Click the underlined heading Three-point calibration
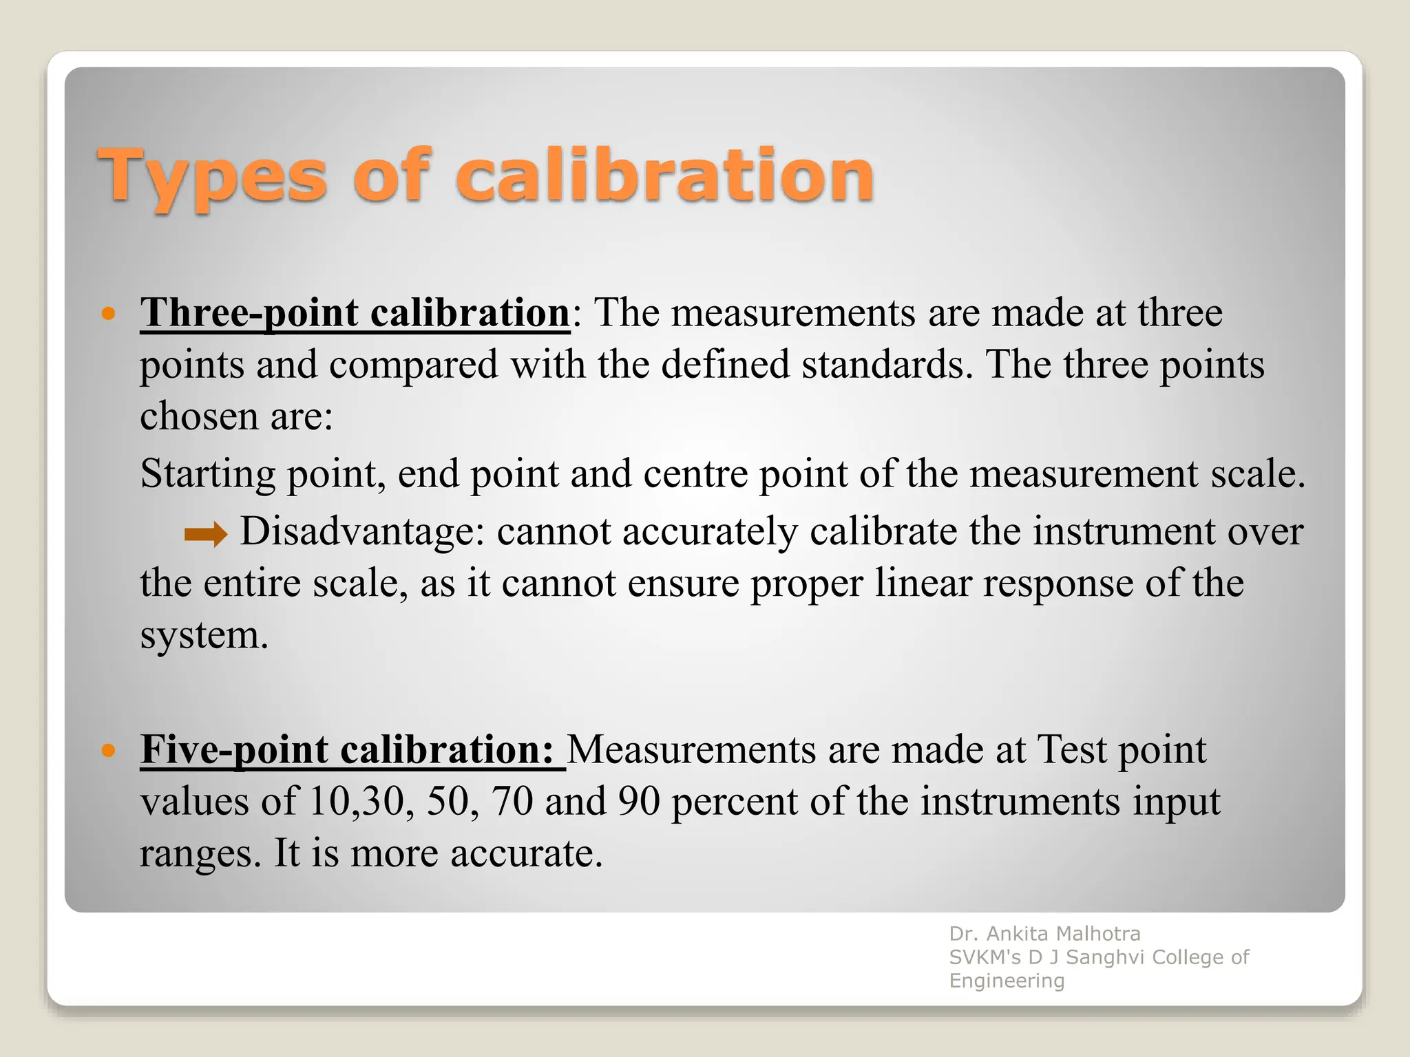(355, 313)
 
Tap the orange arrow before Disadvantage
(206, 534)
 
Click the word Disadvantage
(362, 531)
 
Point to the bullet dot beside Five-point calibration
(108, 750)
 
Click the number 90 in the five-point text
(639, 802)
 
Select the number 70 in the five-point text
(512, 802)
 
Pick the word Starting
(207, 475)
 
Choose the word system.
(204, 635)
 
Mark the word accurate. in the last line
(527, 854)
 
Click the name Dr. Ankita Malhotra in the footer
(1044, 934)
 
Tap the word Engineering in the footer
(1007, 981)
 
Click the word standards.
(887, 365)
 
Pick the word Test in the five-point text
(1071, 749)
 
